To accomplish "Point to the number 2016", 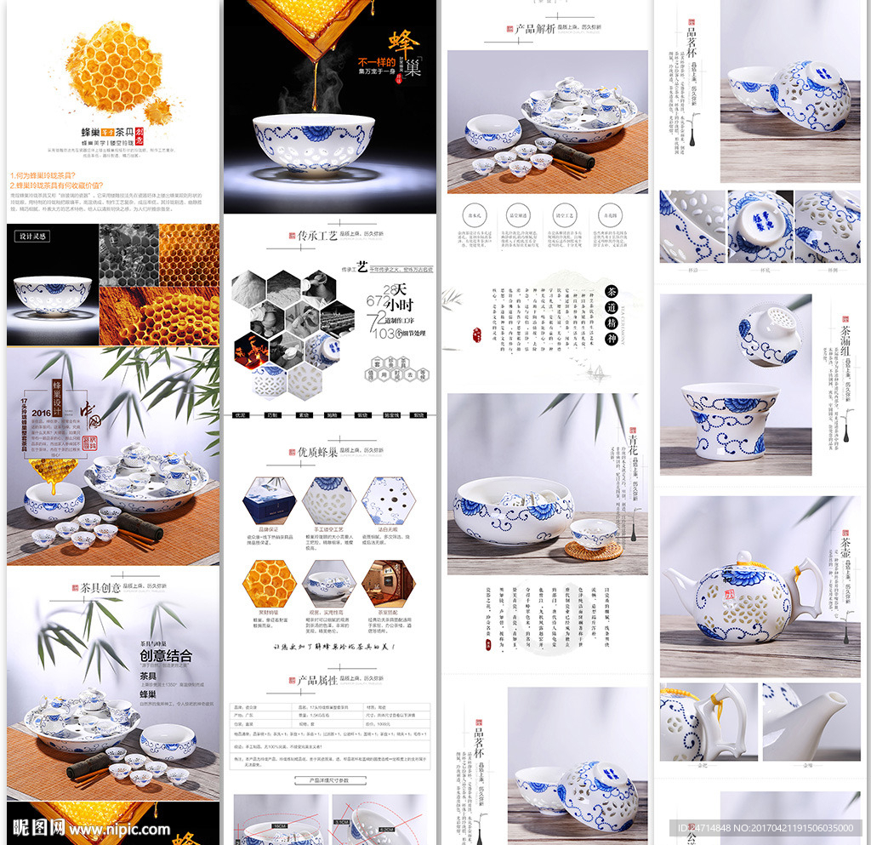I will [x=42, y=413].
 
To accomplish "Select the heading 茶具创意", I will [x=101, y=587].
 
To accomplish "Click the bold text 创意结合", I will [x=166, y=655].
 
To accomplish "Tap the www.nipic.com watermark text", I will [x=119, y=828].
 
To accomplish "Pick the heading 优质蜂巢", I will [x=317, y=452].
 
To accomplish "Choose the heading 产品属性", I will [x=317, y=680].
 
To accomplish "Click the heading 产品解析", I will [x=535, y=28].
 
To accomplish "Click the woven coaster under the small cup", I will [x=594, y=550].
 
